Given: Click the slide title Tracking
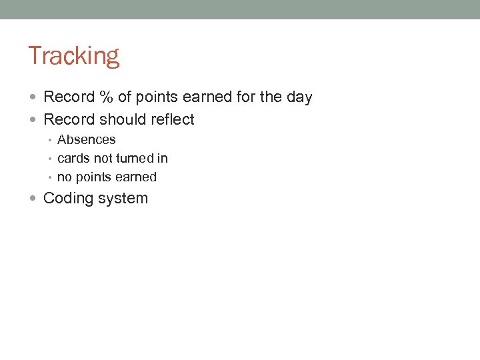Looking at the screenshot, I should pos(73,56).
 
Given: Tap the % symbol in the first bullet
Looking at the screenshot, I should pos(106,97).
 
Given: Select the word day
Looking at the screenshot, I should pos(299,97).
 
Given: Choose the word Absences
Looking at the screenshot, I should pos(86,140).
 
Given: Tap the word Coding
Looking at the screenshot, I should pos(69,199).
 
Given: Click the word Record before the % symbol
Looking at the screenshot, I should pos(69,97).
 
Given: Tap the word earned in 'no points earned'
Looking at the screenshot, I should pos(136,177).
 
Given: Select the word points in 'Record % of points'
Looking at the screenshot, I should pos(157,97).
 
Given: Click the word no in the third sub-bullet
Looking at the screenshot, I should pos(64,177).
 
